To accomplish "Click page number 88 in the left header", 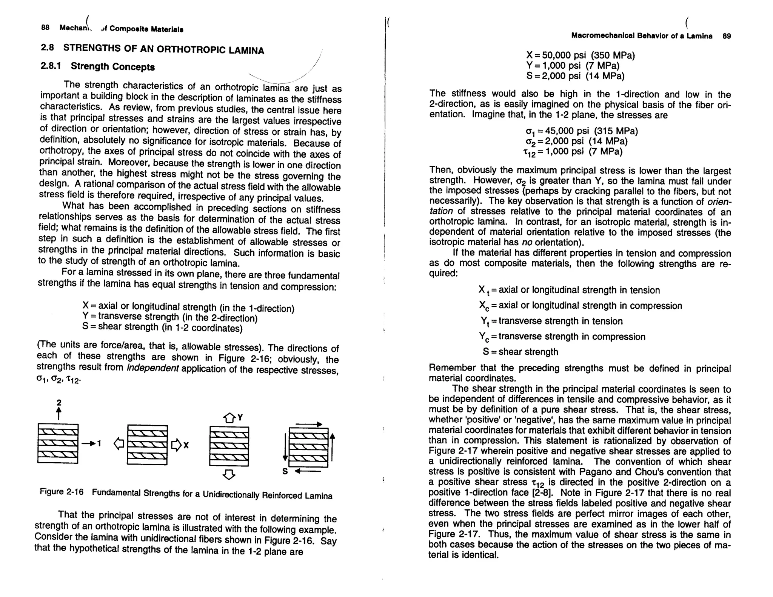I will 45,28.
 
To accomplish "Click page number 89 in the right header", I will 727,36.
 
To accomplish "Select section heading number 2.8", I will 48,48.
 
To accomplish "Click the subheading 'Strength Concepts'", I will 112,67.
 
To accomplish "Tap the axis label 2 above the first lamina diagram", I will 59,403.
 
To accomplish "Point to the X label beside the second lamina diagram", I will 186,446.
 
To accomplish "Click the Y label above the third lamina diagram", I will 240,417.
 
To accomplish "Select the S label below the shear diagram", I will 285,471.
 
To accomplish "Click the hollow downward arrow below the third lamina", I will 229,474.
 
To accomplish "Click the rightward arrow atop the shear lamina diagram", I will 309,425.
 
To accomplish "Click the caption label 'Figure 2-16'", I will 61,492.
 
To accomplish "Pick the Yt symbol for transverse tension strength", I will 485,321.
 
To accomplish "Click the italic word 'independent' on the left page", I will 152,368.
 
